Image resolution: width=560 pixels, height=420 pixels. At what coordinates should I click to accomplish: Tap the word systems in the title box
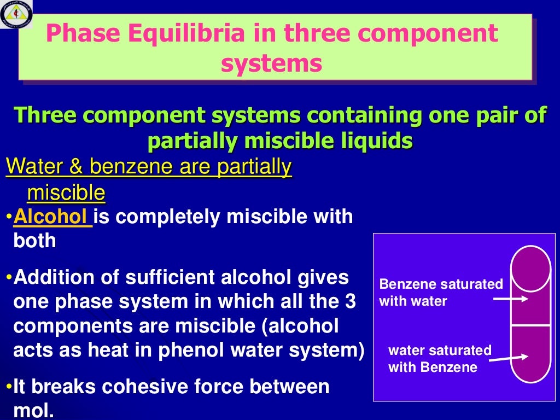coord(271,63)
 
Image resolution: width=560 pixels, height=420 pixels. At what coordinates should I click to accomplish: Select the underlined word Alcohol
coord(52,217)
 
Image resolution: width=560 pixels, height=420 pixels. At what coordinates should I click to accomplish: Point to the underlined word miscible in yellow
coord(66,192)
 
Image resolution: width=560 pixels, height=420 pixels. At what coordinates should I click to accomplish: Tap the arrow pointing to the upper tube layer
coord(511,299)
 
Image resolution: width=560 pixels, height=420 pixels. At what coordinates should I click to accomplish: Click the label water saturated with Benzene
coord(440,358)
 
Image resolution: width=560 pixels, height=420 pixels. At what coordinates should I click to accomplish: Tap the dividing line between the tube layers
coord(530,326)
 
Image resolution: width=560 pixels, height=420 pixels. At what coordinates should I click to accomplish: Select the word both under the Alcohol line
coord(34,241)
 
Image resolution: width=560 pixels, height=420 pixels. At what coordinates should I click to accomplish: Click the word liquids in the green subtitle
coord(379,141)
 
